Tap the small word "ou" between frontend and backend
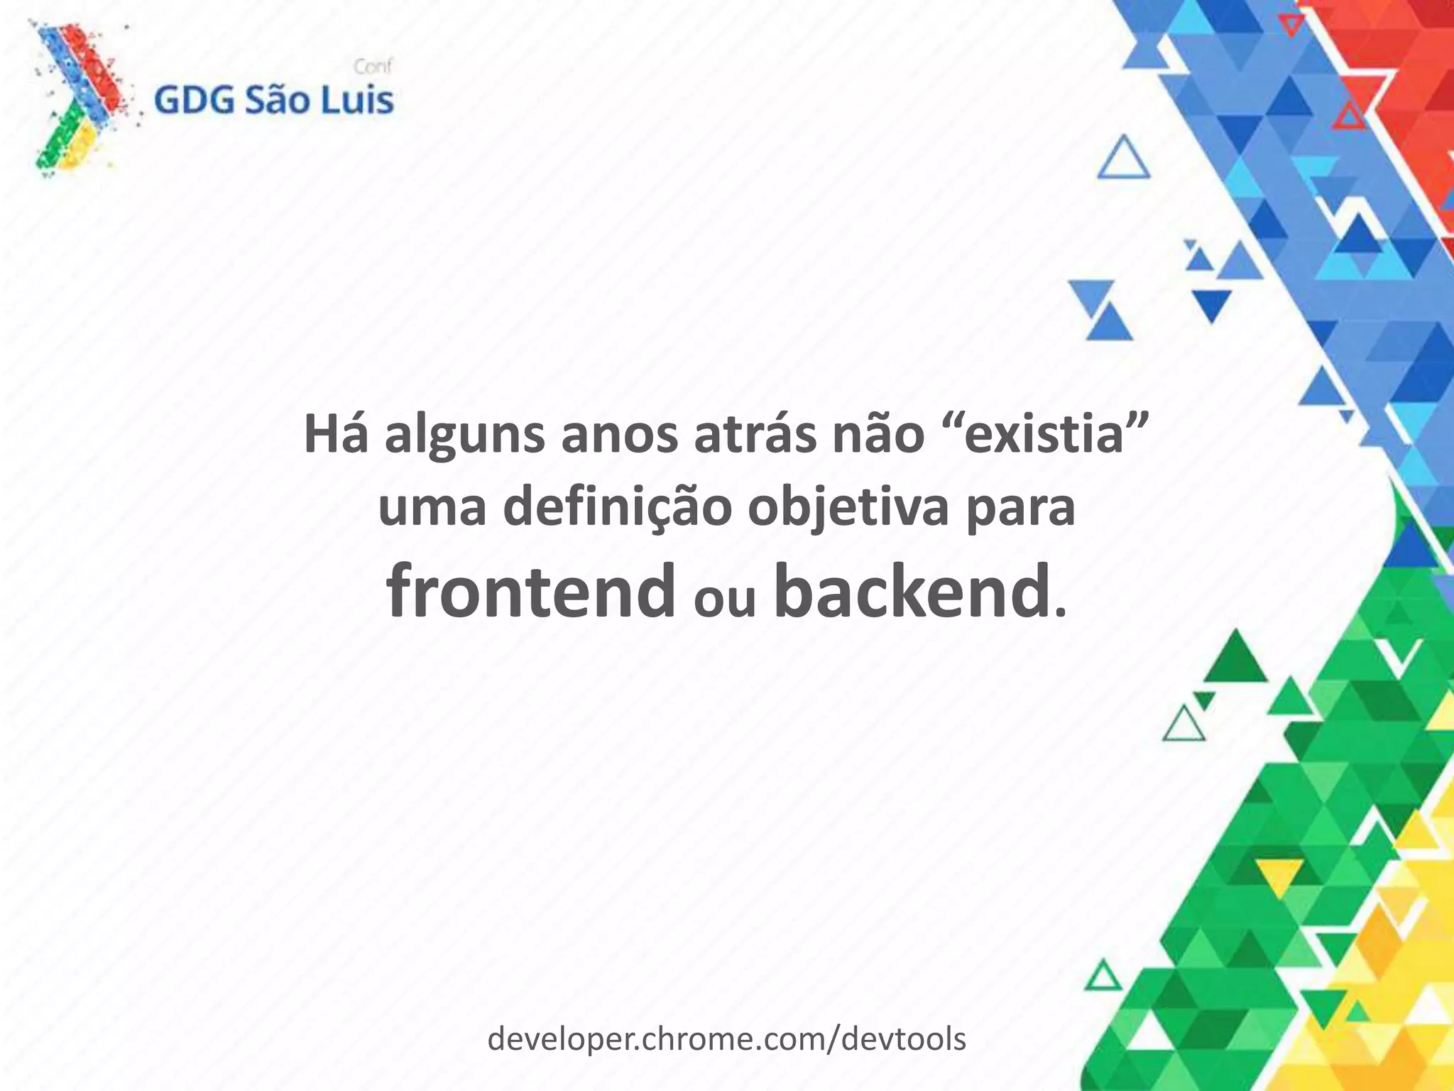pyautogui.click(x=723, y=601)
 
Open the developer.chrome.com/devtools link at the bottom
pyautogui.click(x=726, y=1039)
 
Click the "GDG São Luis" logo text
pyautogui.click(x=273, y=101)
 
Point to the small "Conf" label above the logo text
pyautogui.click(x=373, y=67)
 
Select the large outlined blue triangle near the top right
pyautogui.click(x=1123, y=160)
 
